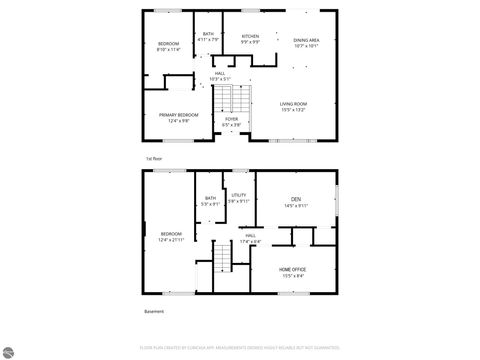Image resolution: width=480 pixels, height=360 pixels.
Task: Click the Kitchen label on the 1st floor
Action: (x=250, y=37)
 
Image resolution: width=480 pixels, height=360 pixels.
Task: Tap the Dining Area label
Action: (x=306, y=40)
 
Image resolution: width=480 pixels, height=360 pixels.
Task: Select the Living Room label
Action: (x=293, y=104)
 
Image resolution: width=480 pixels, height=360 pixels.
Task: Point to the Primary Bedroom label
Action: (x=179, y=115)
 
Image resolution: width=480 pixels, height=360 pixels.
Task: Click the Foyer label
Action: (x=231, y=119)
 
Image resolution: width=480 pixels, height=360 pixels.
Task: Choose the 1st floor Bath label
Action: (x=208, y=34)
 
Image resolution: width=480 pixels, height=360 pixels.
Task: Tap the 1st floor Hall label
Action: (x=219, y=73)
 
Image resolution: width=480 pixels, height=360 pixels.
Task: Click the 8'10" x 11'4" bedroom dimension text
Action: (x=167, y=49)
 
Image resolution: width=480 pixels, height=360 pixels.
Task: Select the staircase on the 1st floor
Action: (x=231, y=98)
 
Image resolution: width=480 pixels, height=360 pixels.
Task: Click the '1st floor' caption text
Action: (x=154, y=159)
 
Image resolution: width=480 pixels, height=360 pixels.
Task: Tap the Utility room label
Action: (x=238, y=195)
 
